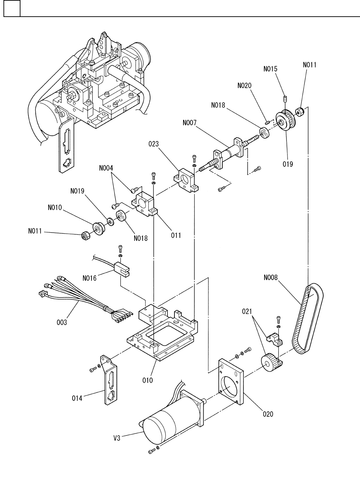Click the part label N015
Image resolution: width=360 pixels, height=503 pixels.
point(270,69)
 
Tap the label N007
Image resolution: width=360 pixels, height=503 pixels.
point(189,123)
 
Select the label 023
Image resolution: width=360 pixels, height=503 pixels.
point(154,144)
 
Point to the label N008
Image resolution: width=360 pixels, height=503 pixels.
point(271,278)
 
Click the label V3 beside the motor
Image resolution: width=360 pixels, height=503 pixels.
point(117,438)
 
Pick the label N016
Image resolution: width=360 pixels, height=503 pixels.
point(89,278)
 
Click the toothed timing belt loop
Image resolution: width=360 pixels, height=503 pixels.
point(308,319)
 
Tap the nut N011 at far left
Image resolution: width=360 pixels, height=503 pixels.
point(85,236)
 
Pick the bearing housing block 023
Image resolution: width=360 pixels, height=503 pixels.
point(186,181)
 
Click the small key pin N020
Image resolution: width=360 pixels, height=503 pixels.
point(267,122)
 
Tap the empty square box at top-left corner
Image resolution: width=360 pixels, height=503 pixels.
point(12,8)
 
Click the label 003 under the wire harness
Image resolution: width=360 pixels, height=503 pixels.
point(62,322)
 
